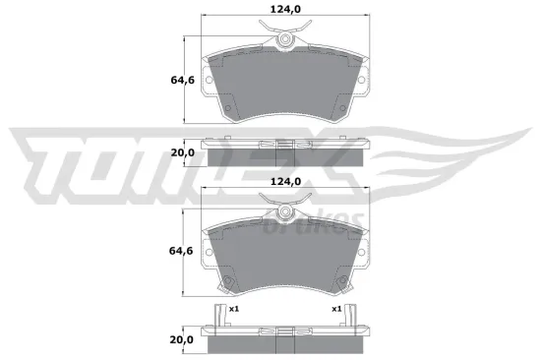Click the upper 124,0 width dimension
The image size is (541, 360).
point(284,12)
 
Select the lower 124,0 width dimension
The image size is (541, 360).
point(284,182)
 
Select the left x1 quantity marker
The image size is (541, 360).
point(234,309)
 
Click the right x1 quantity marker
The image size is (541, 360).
point(337,309)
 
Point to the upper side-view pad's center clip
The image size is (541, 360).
point(284,148)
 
